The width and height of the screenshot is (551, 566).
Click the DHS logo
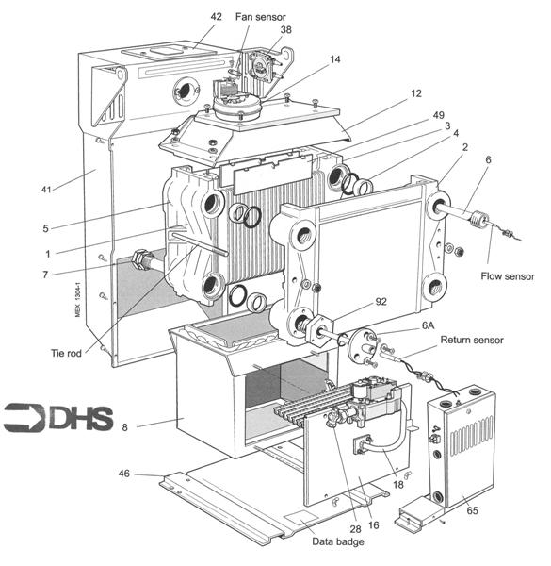coord(57,417)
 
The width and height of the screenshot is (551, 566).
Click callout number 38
coord(286,29)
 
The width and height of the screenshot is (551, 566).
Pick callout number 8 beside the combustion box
coord(127,427)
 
